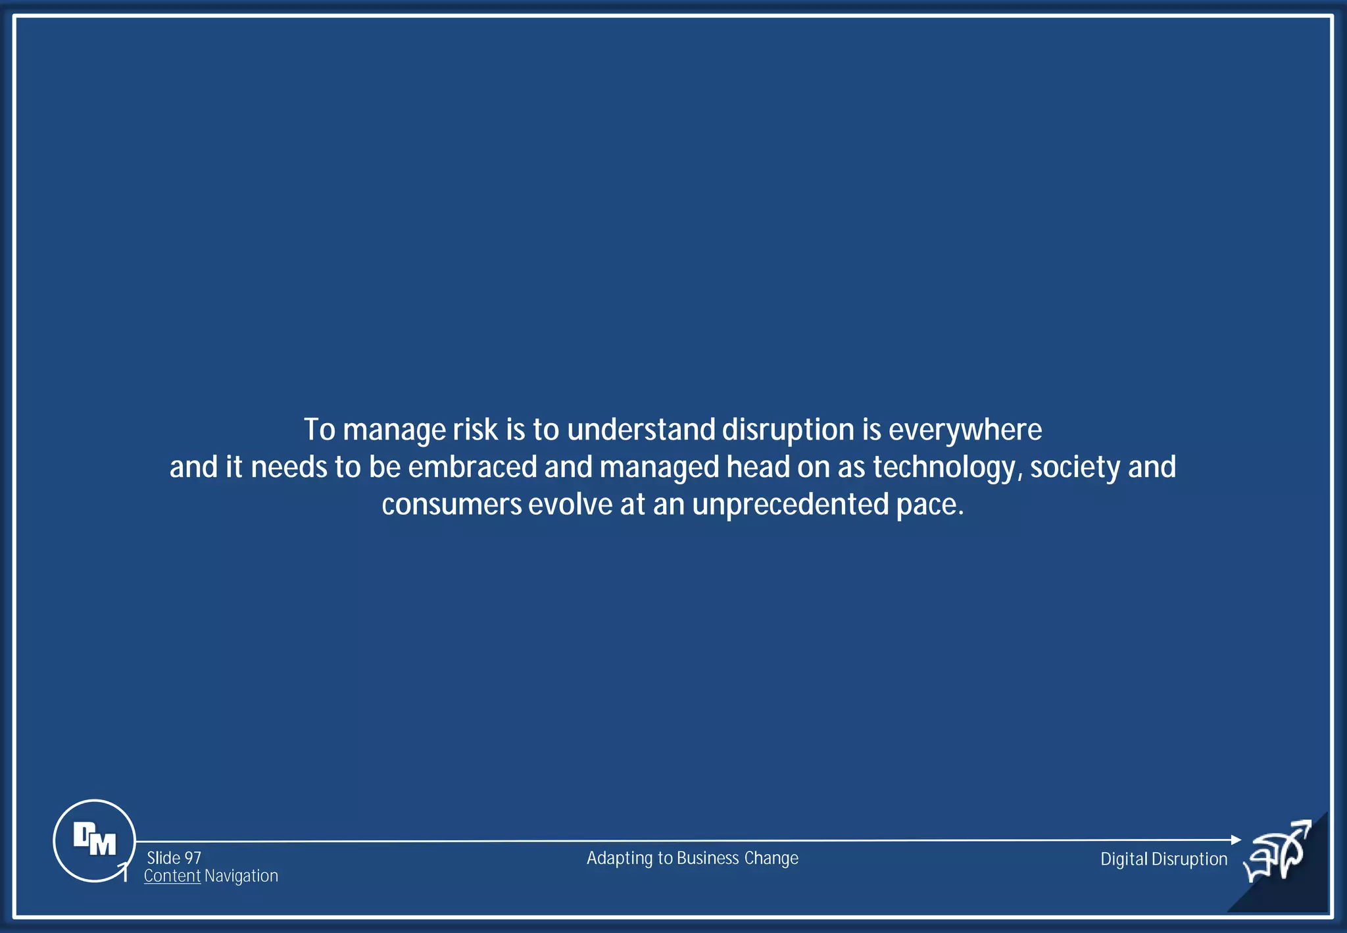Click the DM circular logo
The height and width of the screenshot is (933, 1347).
point(94,840)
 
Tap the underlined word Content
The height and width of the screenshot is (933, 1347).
point(172,876)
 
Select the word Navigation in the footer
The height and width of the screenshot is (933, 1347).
point(241,876)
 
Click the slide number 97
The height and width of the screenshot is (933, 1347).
point(193,858)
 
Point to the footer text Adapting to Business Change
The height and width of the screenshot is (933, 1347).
point(692,858)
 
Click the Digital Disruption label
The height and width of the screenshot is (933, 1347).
point(1163,859)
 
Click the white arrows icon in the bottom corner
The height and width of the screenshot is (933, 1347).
point(1278,852)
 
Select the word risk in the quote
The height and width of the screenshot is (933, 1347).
point(475,430)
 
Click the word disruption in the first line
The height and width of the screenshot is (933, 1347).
point(788,430)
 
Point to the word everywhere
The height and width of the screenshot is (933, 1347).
point(965,430)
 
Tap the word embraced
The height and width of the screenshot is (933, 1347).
point(472,467)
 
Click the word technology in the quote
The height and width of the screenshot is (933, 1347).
point(944,467)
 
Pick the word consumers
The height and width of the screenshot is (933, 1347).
point(451,505)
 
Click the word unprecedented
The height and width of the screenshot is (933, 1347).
point(790,505)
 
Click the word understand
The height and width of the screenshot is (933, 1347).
point(641,430)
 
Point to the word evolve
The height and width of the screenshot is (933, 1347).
point(570,505)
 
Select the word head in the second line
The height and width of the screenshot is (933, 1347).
point(758,467)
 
